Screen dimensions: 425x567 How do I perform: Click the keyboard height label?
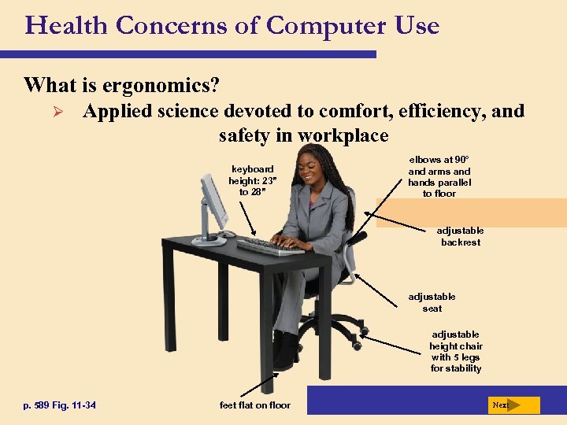(250, 180)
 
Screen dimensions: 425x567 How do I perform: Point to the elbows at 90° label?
(439, 176)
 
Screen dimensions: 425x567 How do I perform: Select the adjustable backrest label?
(461, 236)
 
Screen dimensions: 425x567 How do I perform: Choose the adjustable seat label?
(432, 302)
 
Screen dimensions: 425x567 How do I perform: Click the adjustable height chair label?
(456, 351)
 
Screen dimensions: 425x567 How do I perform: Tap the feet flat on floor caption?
(255, 405)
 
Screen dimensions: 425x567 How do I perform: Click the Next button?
(513, 405)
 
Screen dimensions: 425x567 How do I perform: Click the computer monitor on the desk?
(212, 201)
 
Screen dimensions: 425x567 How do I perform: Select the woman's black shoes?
(285, 352)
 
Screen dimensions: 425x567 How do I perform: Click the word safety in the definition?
(245, 135)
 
